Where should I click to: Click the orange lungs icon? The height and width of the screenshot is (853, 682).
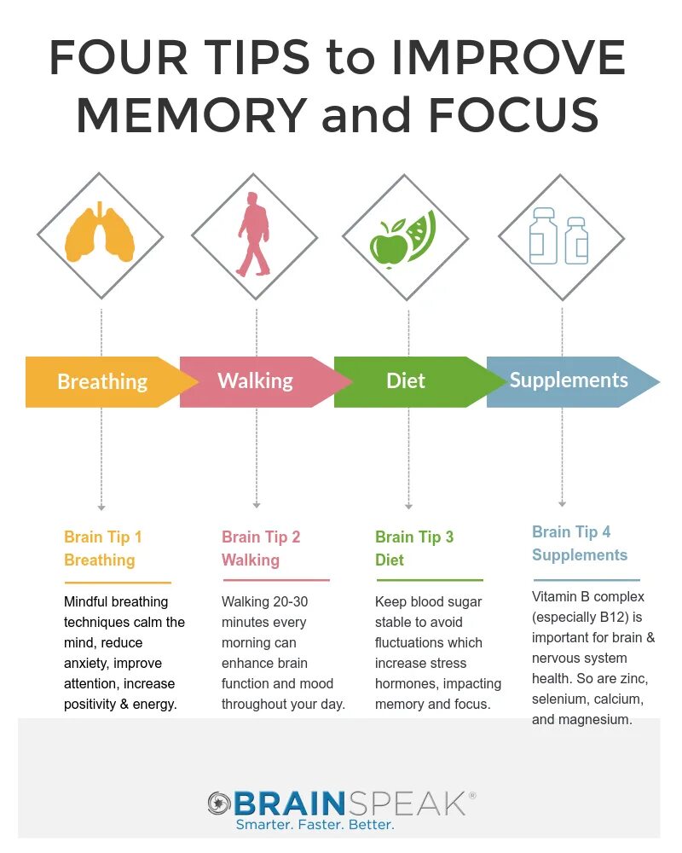tap(101, 233)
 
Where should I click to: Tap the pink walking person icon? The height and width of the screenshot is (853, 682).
tap(253, 234)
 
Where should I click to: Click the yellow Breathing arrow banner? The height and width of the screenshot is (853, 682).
tap(102, 381)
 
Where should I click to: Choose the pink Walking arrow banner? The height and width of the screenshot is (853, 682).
tap(256, 380)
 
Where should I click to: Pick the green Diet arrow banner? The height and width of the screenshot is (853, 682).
tap(406, 380)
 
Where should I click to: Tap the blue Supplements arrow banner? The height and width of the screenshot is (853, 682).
tap(569, 380)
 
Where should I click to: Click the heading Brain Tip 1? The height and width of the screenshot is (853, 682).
tap(103, 537)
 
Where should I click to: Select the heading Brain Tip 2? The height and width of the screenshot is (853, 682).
tap(261, 537)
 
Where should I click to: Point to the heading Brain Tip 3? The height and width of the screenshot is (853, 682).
tap(414, 537)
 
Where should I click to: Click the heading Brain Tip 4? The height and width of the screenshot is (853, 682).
tap(571, 532)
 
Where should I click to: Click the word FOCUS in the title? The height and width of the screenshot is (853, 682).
tap(513, 115)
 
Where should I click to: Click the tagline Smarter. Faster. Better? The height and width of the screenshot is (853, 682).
tap(315, 825)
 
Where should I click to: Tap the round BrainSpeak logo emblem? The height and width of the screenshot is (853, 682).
tap(219, 804)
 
